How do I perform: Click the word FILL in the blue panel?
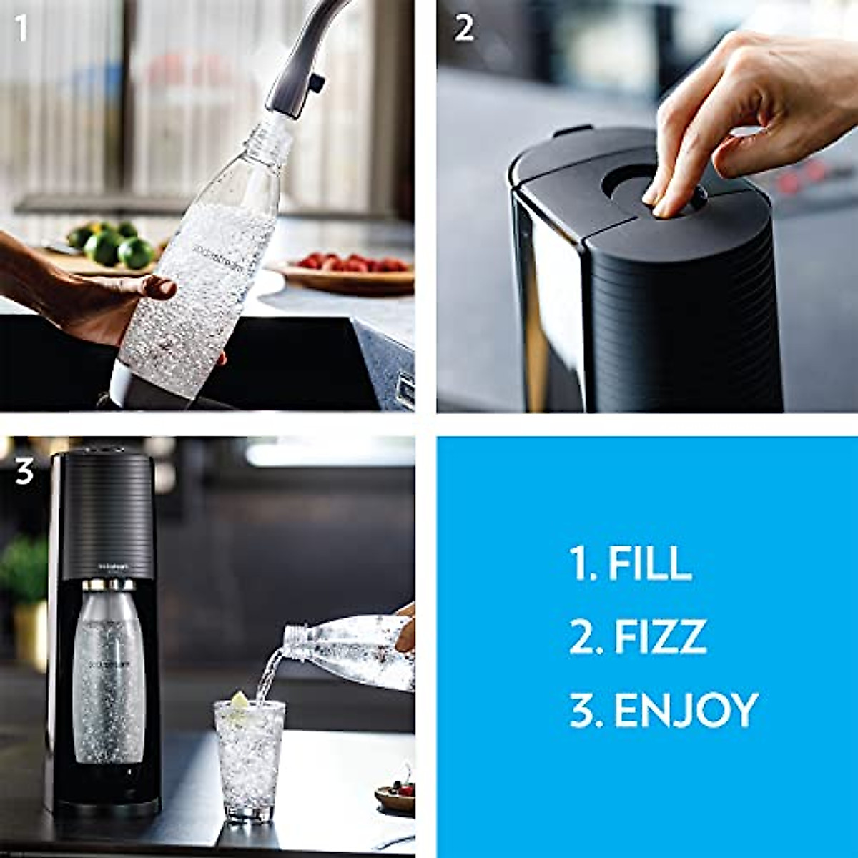(649, 563)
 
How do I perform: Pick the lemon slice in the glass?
(239, 700)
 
